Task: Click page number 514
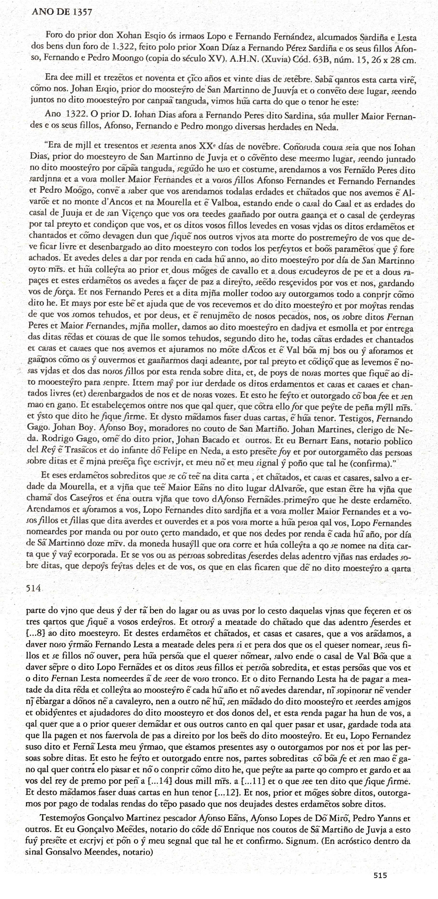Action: coord(34,588)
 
